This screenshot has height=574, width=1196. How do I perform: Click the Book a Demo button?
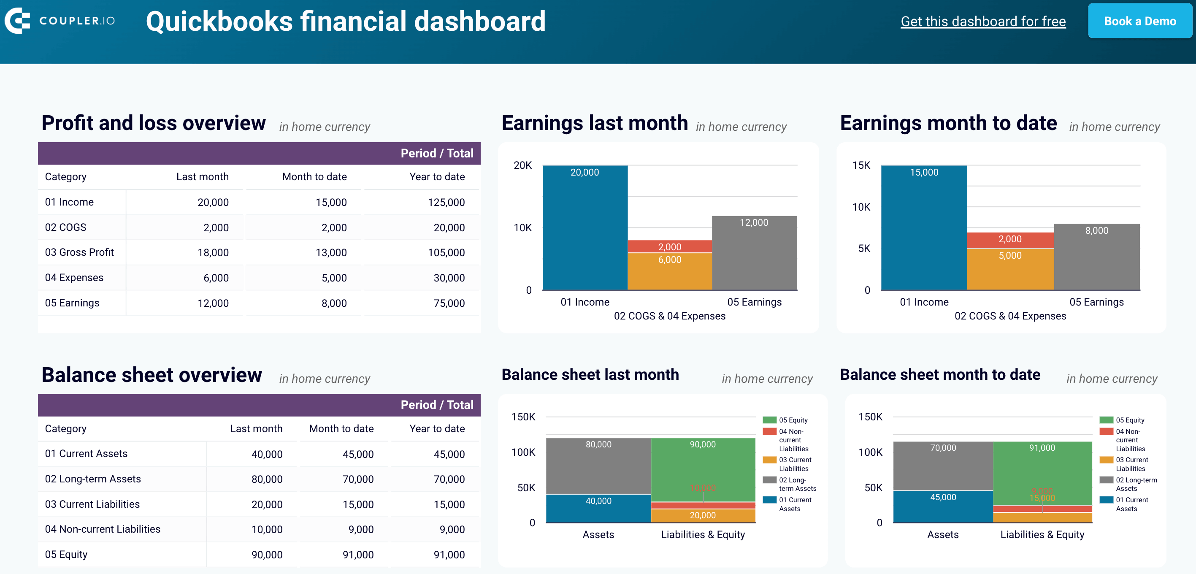tap(1139, 22)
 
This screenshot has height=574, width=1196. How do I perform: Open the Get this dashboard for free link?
tap(982, 22)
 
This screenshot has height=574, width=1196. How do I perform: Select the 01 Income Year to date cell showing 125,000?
tap(446, 203)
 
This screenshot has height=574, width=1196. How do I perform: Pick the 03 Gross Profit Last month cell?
tap(213, 253)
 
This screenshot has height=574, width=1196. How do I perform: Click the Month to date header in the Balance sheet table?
tap(341, 429)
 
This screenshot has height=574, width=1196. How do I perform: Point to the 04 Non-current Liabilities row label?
tap(102, 529)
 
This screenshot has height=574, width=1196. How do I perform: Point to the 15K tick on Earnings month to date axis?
tap(861, 165)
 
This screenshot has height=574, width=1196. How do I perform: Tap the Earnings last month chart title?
tap(594, 124)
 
